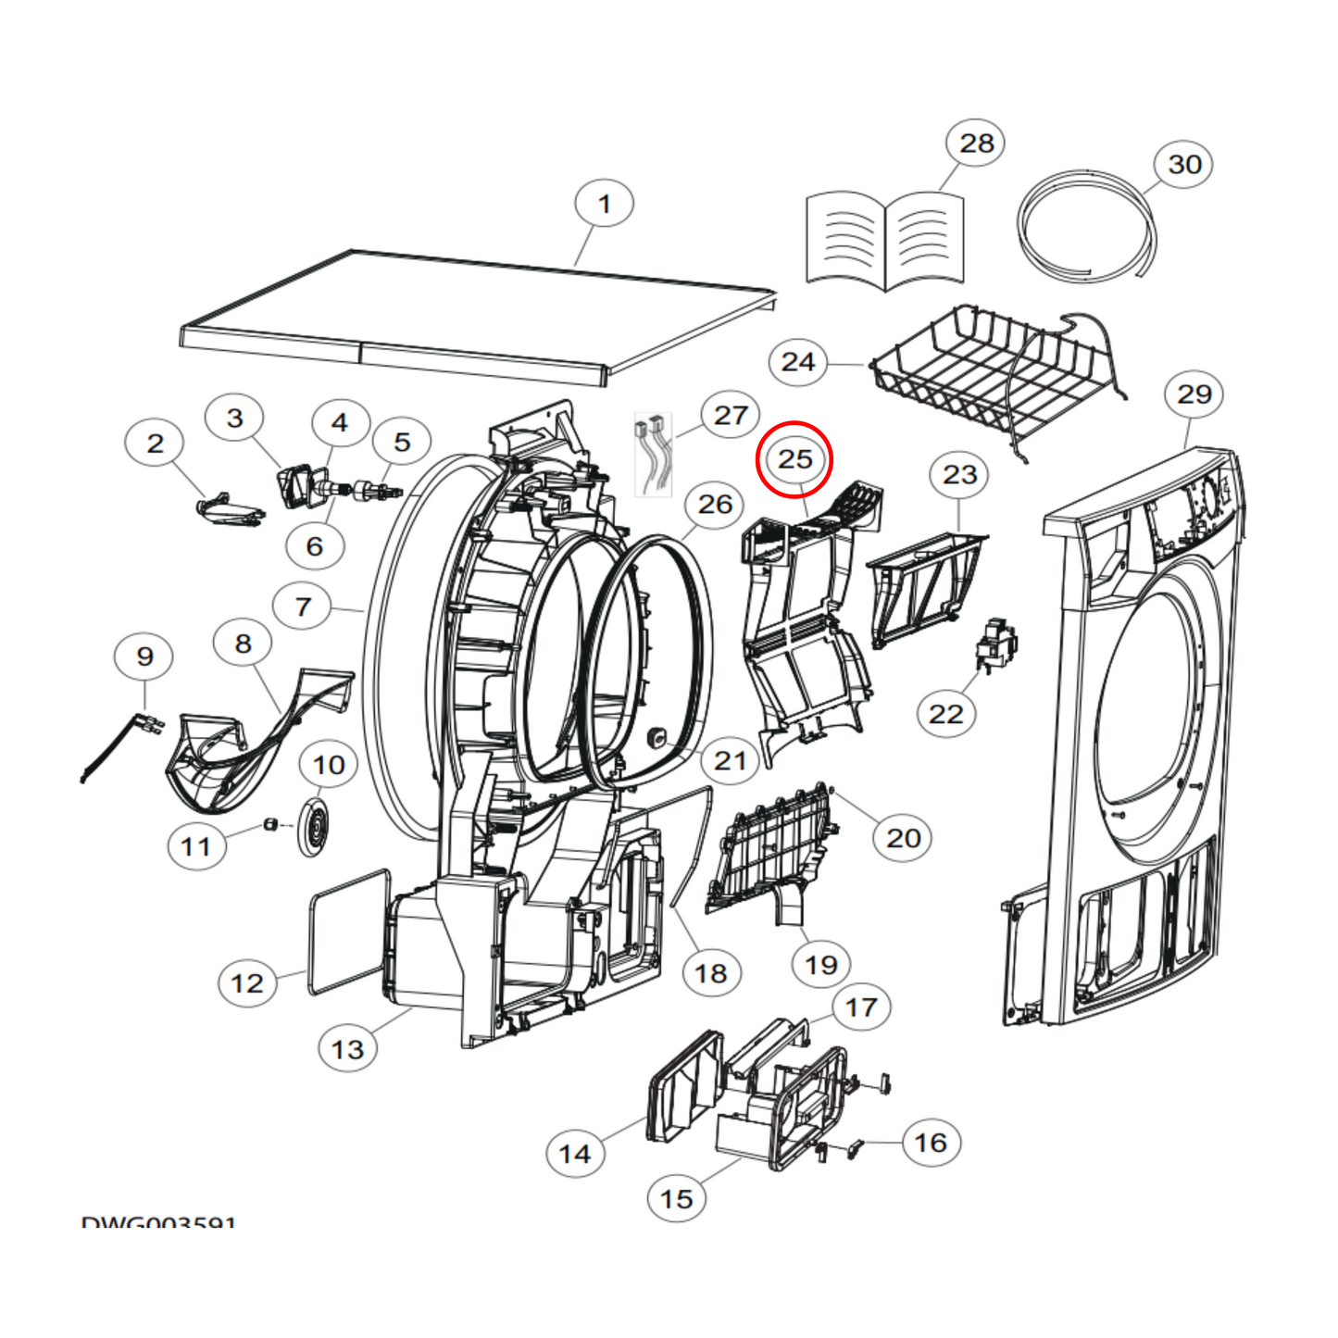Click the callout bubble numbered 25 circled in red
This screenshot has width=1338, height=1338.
pyautogui.click(x=794, y=459)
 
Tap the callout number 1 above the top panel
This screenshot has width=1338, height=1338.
pyautogui.click(x=604, y=204)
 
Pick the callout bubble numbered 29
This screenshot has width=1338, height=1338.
pyautogui.click(x=1194, y=394)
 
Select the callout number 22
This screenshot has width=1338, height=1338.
pyautogui.click(x=945, y=714)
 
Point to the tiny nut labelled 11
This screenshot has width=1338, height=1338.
pyautogui.click(x=271, y=824)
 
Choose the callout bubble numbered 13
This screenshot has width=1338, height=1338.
pyautogui.click(x=347, y=1049)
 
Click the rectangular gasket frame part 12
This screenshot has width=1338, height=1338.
pyautogui.click(x=347, y=931)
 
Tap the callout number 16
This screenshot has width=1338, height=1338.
pyautogui.click(x=931, y=1143)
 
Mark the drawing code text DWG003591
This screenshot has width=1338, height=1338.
pyautogui.click(x=158, y=1222)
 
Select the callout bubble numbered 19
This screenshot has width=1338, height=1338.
pyautogui.click(x=820, y=965)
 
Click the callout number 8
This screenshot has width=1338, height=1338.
pyautogui.click(x=243, y=644)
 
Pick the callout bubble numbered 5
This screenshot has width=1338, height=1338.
pyautogui.click(x=401, y=442)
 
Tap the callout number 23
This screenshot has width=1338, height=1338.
pyautogui.click(x=959, y=475)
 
